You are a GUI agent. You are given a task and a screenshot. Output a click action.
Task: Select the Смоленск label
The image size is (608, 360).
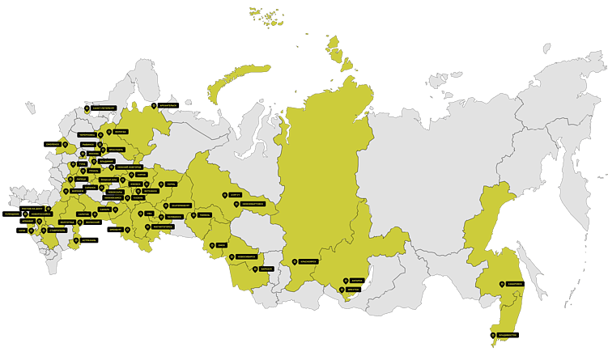[x=53, y=143]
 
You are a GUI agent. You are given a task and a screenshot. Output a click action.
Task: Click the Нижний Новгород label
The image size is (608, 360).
[x=125, y=167]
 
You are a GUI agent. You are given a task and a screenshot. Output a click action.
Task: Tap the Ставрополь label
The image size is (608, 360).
[x=57, y=230]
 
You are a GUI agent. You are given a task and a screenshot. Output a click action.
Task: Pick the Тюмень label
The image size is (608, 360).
[x=203, y=215]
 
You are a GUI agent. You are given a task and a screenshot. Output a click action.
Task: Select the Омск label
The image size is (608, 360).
[x=221, y=245]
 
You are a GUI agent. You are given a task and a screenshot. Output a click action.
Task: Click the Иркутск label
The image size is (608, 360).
[x=355, y=289]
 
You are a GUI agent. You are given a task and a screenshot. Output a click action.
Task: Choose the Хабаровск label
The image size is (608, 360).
[x=516, y=284]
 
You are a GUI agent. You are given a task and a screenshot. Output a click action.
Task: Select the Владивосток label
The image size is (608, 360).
[x=506, y=334]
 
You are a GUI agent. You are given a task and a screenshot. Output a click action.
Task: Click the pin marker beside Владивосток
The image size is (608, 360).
[x=492, y=333]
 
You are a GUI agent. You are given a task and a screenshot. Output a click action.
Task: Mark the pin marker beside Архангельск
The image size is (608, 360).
[x=153, y=104]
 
